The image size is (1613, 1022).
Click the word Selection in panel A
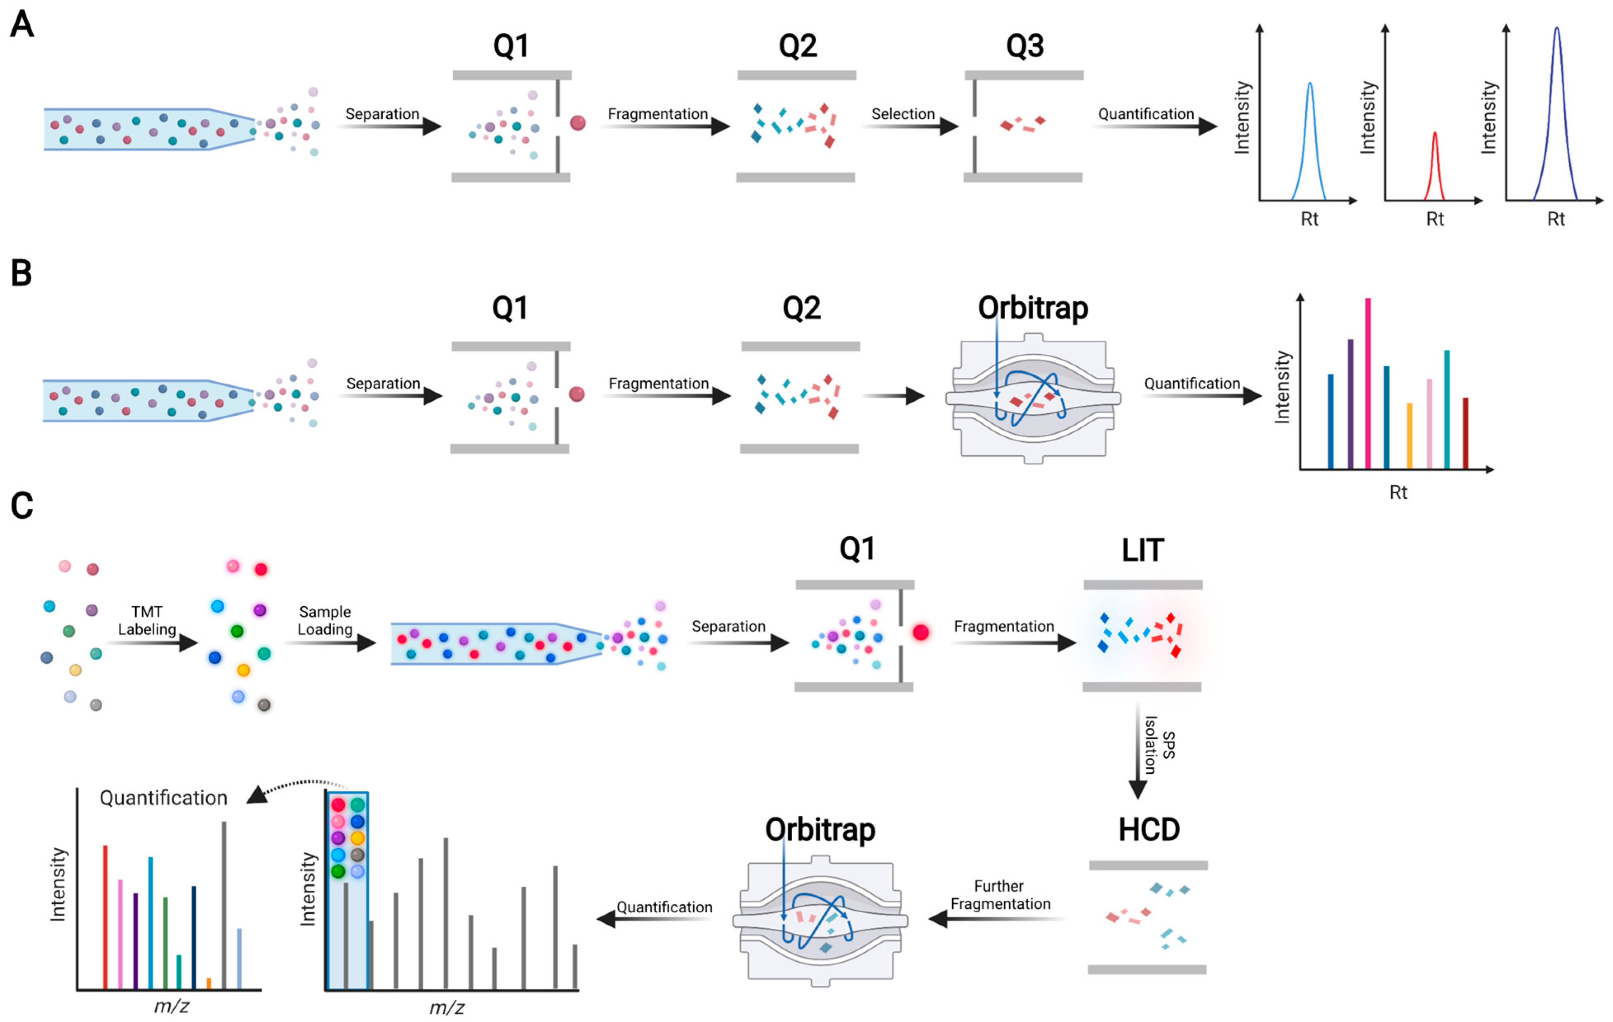coord(902,114)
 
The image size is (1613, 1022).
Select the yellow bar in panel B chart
coord(1409,436)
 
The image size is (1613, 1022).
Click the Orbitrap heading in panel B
coord(1032,308)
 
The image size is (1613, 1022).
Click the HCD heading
coord(1149,830)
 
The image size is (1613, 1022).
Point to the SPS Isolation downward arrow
coord(1137,750)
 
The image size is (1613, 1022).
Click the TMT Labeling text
coord(147,620)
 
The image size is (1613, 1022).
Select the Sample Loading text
coord(325,620)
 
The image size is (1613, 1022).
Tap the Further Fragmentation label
coord(1000,895)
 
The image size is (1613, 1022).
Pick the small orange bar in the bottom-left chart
coord(209,983)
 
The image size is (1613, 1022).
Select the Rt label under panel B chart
coord(1398,492)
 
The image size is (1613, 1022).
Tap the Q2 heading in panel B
coord(801,308)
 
